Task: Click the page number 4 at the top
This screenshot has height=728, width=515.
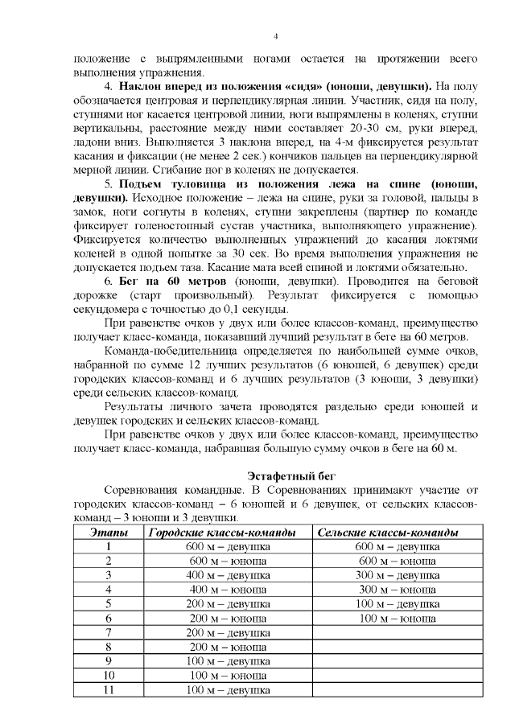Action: (x=276, y=36)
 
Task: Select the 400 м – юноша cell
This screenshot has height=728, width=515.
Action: (x=228, y=590)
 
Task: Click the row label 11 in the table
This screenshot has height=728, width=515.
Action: (x=108, y=690)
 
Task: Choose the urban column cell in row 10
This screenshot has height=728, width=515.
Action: (x=228, y=676)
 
